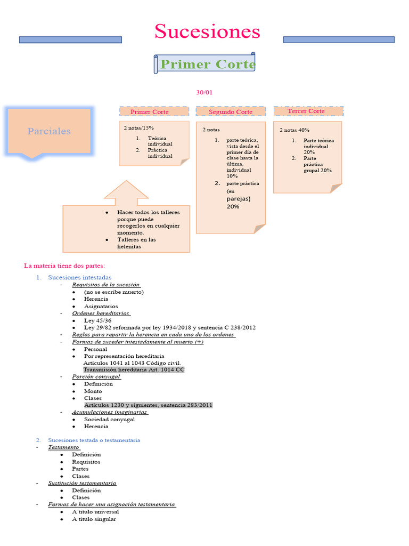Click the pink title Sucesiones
click(207, 31)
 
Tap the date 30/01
click(204, 93)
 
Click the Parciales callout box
click(49, 131)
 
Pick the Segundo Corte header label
click(230, 112)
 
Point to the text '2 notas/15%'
click(139, 128)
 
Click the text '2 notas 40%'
click(295, 130)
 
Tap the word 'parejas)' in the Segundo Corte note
click(238, 198)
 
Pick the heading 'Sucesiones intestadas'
click(80, 277)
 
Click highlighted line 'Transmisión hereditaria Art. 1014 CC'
click(134, 370)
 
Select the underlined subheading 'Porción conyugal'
click(96, 376)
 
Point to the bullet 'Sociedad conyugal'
click(109, 419)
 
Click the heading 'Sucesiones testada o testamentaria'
click(94, 440)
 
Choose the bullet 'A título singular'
click(94, 519)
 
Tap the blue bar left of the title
click(70, 39)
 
